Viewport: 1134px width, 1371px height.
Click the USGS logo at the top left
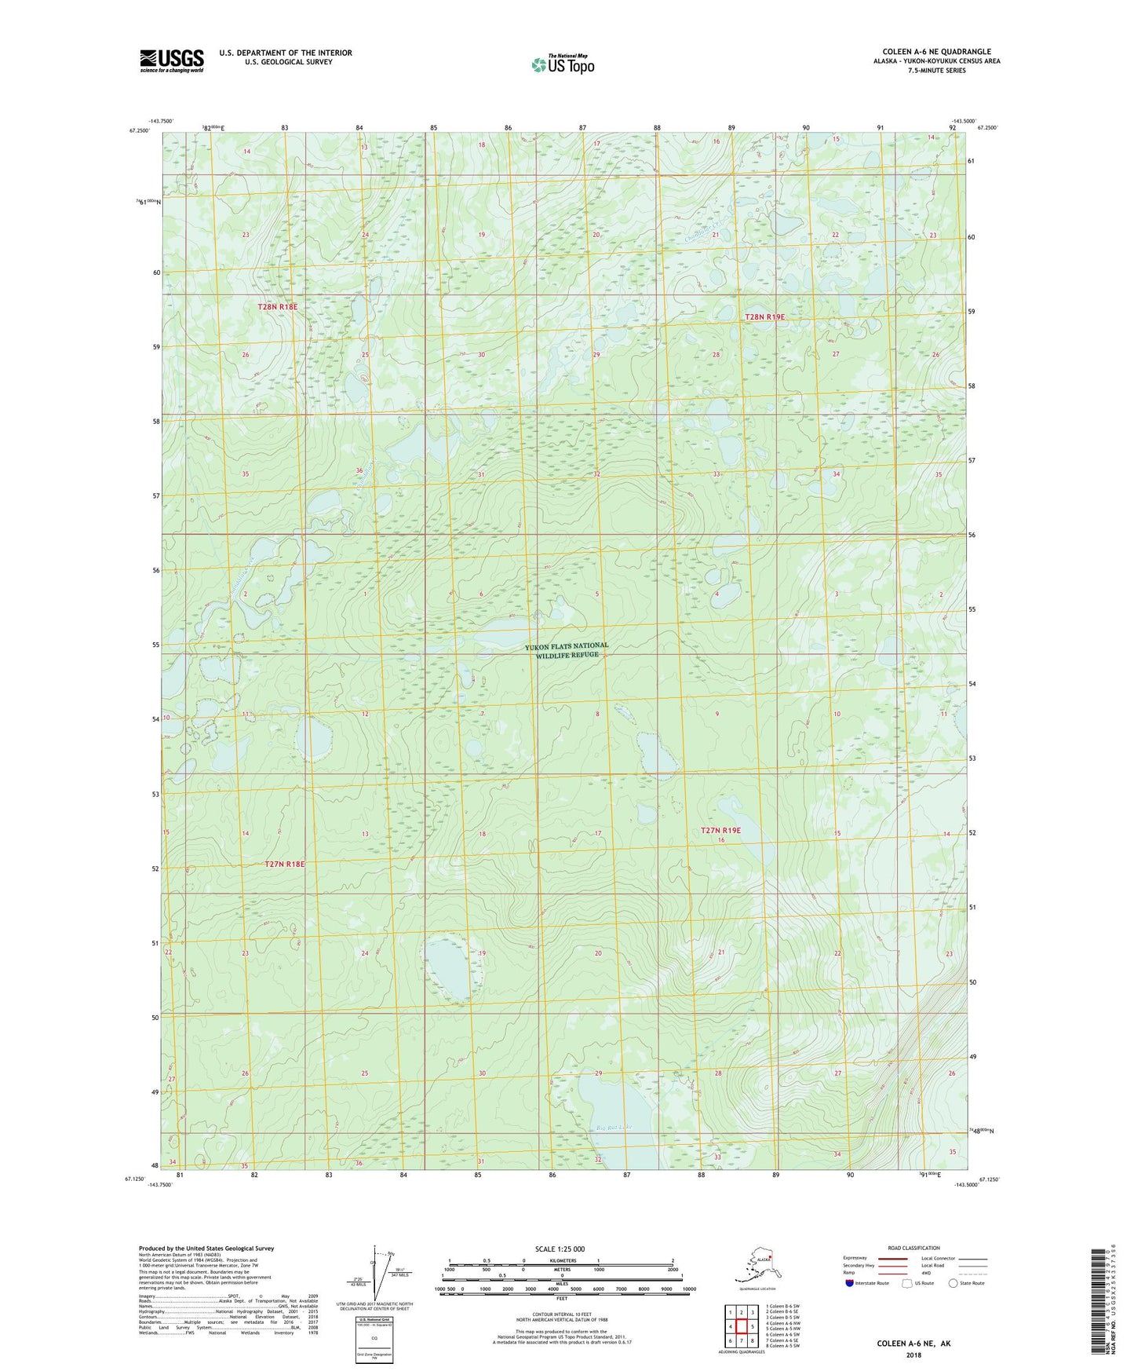[x=171, y=60]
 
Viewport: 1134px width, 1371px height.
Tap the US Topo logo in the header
[x=563, y=64]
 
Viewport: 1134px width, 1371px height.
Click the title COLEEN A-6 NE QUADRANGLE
[x=935, y=52]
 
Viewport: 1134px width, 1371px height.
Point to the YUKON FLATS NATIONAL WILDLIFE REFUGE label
[x=567, y=650]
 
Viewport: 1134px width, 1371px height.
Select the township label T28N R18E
[x=278, y=306]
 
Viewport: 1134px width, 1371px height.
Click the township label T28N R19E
[x=764, y=316]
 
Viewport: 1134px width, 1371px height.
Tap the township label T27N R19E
[x=720, y=830]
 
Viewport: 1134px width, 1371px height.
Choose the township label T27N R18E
[x=284, y=864]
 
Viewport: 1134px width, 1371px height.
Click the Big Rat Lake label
[x=613, y=1128]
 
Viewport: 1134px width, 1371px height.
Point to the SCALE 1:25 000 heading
[x=560, y=1249]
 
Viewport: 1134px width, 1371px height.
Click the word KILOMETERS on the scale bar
[x=560, y=1260]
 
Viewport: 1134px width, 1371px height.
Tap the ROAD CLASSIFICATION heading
[x=913, y=1248]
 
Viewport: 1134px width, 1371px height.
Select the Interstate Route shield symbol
[x=850, y=1283]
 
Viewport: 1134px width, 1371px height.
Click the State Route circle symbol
[x=954, y=1283]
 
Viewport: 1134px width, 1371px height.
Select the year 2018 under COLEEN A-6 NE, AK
[x=913, y=1355]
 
